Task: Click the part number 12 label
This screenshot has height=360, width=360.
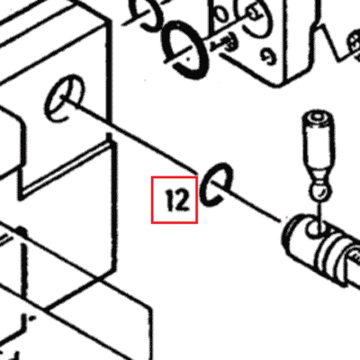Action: (177, 200)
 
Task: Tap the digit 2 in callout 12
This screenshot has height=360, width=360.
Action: (182, 200)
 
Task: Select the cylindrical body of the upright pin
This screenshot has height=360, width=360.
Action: (319, 144)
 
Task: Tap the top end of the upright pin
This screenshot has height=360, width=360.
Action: (319, 116)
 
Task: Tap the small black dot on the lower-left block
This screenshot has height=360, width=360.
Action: (21, 231)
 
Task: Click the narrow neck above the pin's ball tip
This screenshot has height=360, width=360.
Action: (319, 180)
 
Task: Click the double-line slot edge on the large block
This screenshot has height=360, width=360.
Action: (66, 168)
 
